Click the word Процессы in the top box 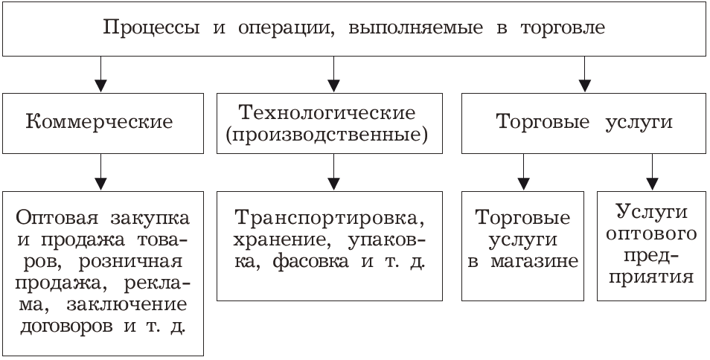151,28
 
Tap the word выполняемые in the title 416,28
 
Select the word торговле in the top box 563,28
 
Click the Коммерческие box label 99,123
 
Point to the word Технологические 327,113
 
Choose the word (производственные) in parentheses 327,135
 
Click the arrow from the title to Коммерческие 101,74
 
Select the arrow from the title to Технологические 333,74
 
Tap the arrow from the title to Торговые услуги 584,74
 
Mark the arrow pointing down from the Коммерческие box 101,172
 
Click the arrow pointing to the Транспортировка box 333,172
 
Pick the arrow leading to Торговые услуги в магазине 524,172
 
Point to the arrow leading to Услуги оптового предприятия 652,172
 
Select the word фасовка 312,262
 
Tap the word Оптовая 57,219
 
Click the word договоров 66,327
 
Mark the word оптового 652,234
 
